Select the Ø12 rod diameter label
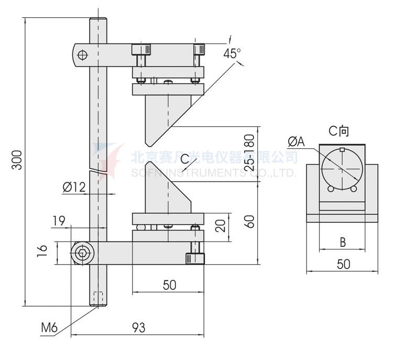[73, 187]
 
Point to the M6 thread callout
[49, 329]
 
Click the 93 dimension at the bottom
[138, 328]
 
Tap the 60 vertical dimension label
[250, 222]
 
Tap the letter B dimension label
[342, 242]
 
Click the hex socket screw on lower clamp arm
[81, 254]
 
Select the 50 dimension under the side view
[169, 285]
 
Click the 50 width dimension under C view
[343, 264]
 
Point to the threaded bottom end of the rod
[97, 299]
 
